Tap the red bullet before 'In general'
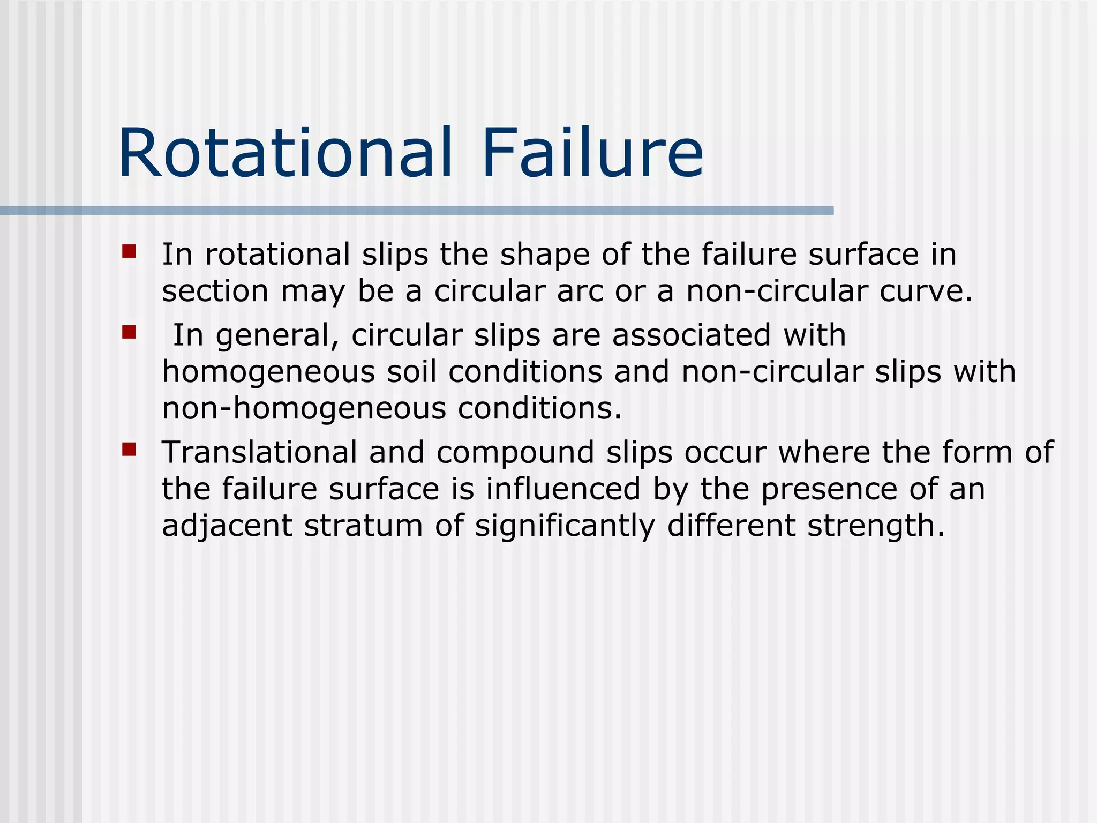pyautogui.click(x=129, y=333)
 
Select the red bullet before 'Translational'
pyautogui.click(x=129, y=449)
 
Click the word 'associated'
pyautogui.click(x=692, y=335)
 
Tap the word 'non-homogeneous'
pyautogui.click(x=304, y=409)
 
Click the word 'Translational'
pyautogui.click(x=259, y=452)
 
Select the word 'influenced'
pyautogui.click(x=563, y=489)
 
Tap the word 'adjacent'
pyautogui.click(x=227, y=526)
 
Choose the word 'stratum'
pyautogui.click(x=364, y=526)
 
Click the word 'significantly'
pyautogui.click(x=565, y=526)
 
